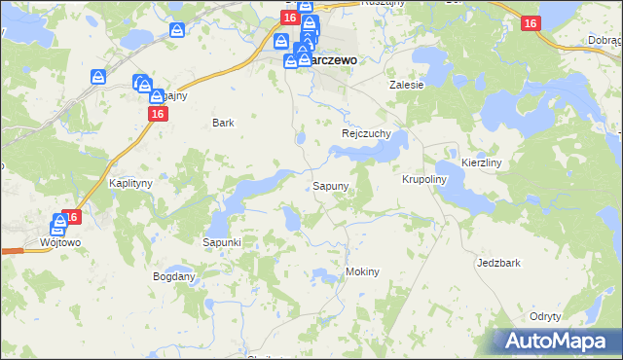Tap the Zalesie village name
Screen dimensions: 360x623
coord(407,85)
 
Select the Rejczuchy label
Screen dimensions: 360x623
coord(366,133)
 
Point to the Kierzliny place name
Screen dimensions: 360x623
coord(481,162)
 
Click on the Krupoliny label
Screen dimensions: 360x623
coord(423,180)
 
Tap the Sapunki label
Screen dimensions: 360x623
coord(221,241)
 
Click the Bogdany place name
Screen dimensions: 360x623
coord(174,276)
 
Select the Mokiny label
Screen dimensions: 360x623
coord(362,271)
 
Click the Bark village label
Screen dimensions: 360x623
coord(224,123)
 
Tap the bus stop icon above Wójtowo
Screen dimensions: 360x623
coord(59,224)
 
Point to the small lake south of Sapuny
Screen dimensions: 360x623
coord(292,223)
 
